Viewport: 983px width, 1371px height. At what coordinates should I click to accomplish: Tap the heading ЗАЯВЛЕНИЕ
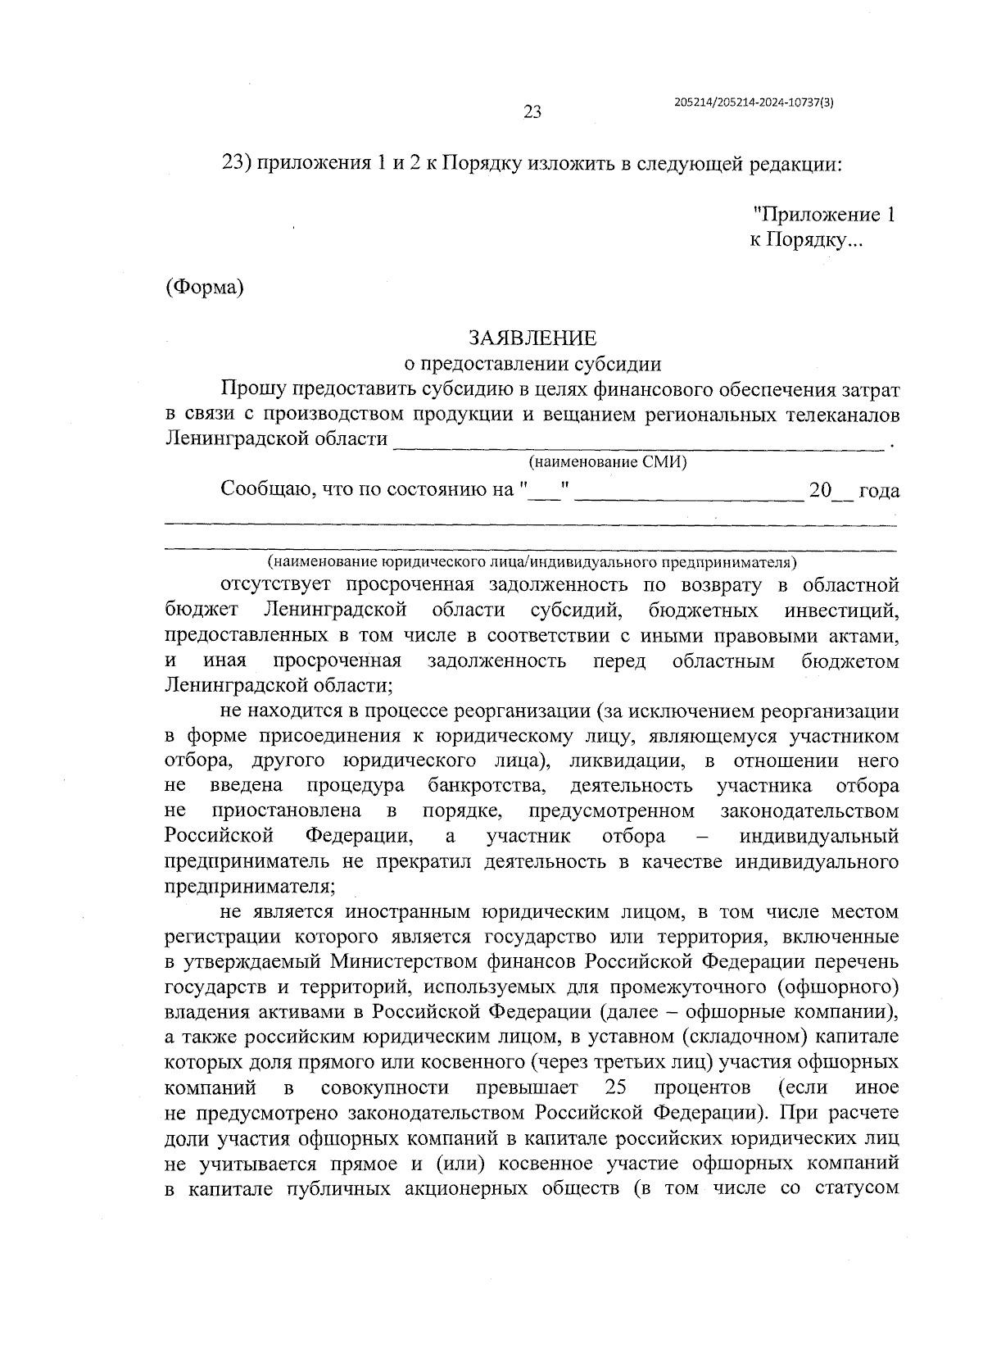click(532, 338)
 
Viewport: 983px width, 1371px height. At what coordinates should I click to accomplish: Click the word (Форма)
click(205, 288)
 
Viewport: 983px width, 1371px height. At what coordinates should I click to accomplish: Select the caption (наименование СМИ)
click(607, 462)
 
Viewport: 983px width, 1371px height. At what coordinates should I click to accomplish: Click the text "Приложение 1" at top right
click(823, 216)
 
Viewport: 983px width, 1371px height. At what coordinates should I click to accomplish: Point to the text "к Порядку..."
click(805, 241)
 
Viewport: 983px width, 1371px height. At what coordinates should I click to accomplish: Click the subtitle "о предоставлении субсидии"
click(532, 363)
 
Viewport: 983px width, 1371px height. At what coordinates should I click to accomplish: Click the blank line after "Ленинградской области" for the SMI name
click(639, 443)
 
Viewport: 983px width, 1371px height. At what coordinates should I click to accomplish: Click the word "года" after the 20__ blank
click(878, 491)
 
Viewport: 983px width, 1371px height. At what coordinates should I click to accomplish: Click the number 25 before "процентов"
click(615, 1088)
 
